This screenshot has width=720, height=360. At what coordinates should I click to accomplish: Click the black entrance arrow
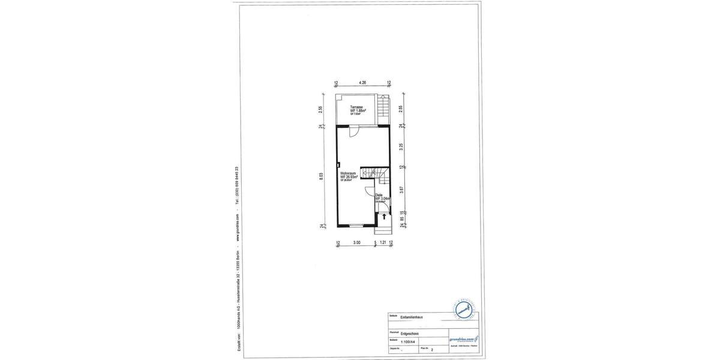(x=384, y=216)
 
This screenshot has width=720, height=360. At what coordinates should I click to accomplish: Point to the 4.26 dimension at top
(x=362, y=83)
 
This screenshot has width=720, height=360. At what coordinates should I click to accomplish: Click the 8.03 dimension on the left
(x=322, y=176)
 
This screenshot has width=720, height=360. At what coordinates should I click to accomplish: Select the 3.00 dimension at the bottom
(x=356, y=243)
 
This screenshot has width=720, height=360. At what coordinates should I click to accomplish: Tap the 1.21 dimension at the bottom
(x=383, y=243)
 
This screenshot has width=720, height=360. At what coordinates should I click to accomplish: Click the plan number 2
(x=431, y=349)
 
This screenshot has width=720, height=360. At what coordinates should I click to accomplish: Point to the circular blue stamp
(x=463, y=310)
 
